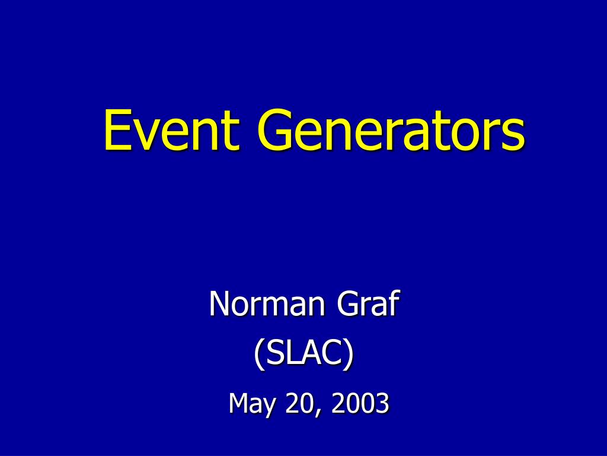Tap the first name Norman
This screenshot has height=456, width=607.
[267, 304]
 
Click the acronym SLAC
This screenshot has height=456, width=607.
[304, 353]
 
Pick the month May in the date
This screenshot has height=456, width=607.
[253, 404]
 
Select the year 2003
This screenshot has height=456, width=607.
[360, 403]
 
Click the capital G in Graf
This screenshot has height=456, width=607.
[349, 304]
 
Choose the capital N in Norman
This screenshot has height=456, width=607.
[220, 305]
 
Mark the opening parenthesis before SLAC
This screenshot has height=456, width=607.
[260, 354]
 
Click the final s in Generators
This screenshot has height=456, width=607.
[513, 135]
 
